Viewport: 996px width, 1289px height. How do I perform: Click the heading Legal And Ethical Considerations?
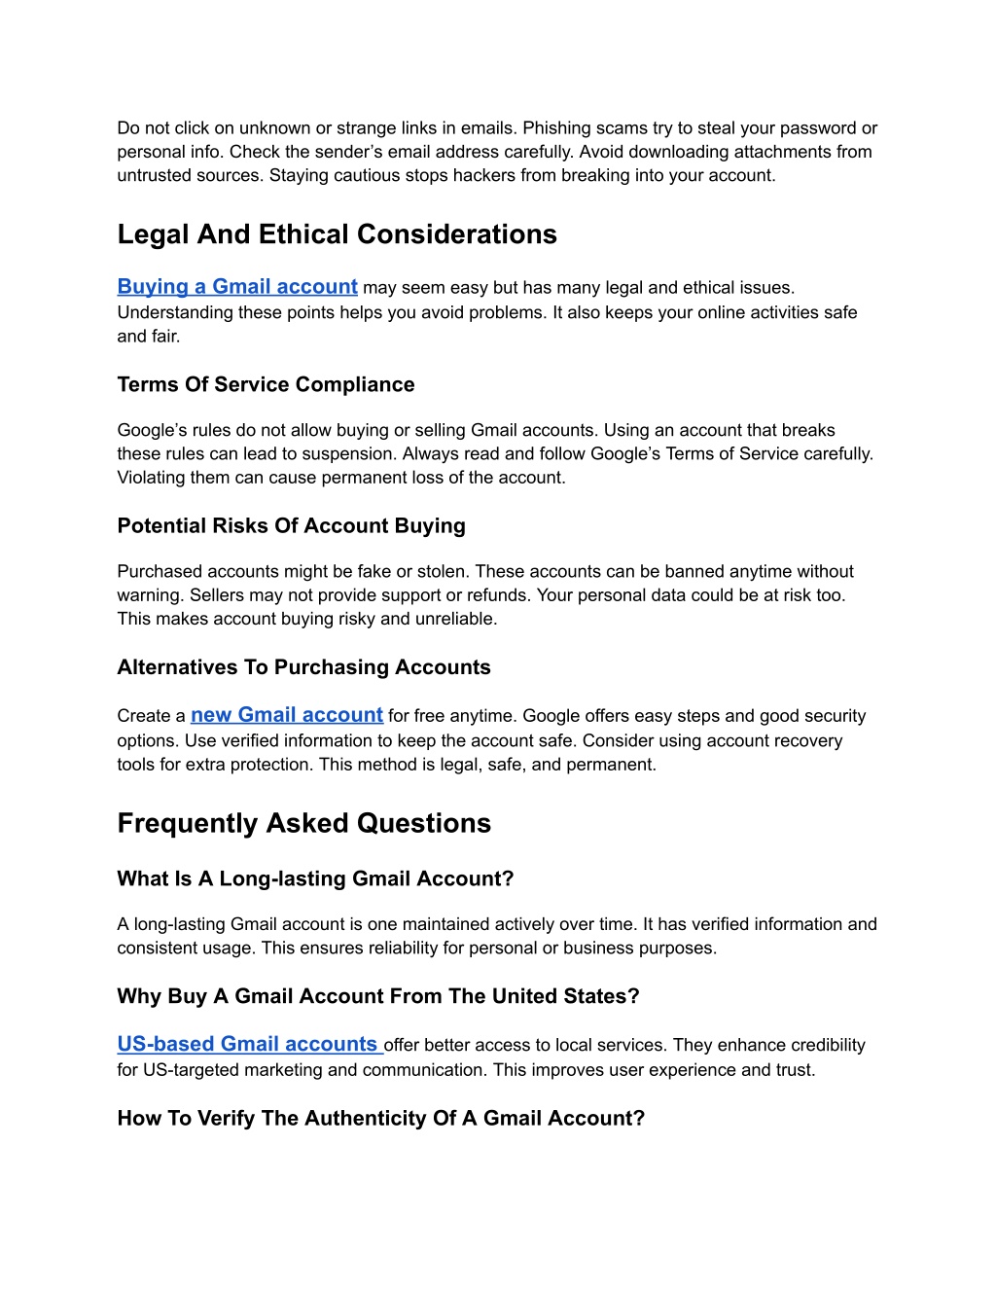coord(337,234)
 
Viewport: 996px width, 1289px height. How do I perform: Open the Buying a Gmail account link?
coord(237,287)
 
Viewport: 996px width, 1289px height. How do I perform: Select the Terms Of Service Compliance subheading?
coord(266,384)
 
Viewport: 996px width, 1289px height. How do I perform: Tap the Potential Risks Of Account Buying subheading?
coord(291,525)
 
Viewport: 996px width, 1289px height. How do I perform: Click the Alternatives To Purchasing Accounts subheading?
coord(303,667)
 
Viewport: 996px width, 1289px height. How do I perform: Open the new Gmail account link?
coord(287,715)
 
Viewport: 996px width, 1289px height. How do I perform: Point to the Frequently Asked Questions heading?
coord(303,823)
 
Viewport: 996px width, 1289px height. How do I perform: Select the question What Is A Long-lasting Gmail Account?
coord(315,878)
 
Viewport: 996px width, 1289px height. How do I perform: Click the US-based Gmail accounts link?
coord(248,1044)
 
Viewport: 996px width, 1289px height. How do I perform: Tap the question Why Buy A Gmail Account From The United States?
coord(378,996)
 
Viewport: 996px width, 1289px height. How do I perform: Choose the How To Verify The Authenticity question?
coord(380,1118)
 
